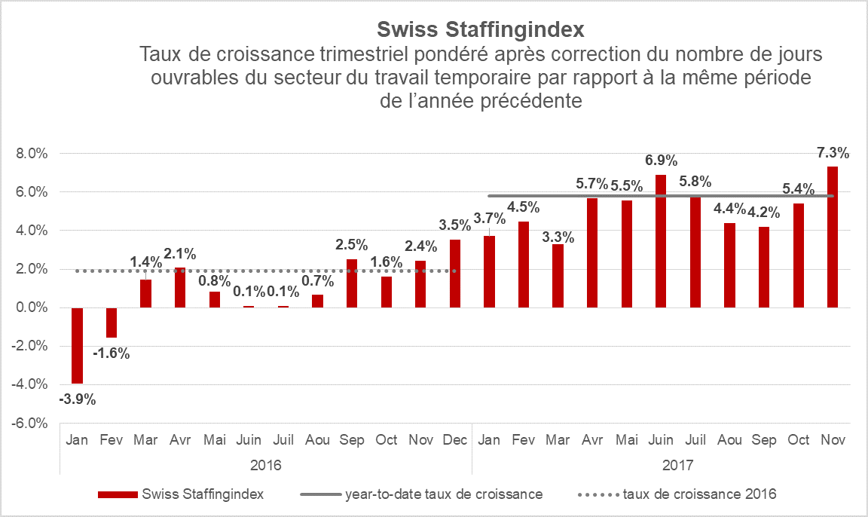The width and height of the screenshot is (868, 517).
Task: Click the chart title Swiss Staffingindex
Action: click(480, 29)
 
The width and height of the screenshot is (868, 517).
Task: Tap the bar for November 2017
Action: click(833, 237)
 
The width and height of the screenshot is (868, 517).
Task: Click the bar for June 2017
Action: click(661, 241)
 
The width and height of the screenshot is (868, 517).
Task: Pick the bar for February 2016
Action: click(112, 323)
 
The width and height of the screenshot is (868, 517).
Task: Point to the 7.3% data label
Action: click(833, 153)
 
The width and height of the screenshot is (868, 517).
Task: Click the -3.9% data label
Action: click(77, 399)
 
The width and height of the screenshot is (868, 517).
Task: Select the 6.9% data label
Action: click(661, 161)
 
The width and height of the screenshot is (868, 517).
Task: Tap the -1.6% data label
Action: click(112, 353)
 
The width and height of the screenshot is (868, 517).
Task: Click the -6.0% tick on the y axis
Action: click(31, 424)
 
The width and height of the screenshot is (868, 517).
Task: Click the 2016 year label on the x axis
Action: click(265, 464)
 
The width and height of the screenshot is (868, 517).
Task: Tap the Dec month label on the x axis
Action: click(454, 440)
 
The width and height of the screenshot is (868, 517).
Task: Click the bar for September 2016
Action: click(351, 283)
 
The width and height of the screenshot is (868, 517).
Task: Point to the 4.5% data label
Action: click(523, 207)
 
